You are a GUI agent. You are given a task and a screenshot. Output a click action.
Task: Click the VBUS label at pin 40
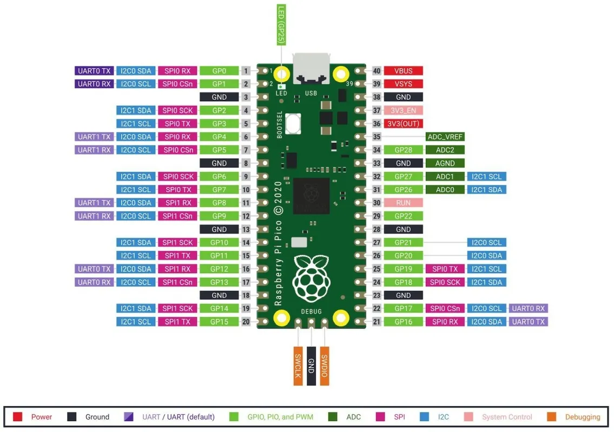tap(403, 71)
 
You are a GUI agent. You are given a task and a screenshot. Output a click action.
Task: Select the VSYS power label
tap(403, 84)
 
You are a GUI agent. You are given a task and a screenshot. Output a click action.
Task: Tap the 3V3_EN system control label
tap(403, 110)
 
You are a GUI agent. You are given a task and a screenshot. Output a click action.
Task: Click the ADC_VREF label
tap(445, 137)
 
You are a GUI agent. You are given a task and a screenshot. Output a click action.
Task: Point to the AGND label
tap(445, 163)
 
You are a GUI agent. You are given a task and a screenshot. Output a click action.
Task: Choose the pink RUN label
tap(403, 203)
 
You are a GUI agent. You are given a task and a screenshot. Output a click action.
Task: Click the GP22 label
tap(403, 216)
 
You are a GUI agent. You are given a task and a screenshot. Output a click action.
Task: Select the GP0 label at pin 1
tap(219, 71)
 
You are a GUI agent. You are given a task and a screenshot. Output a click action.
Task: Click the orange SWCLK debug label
tap(298, 366)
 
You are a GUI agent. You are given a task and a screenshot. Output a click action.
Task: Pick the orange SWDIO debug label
tap(325, 366)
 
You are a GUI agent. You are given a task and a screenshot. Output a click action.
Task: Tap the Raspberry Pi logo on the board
tap(311, 279)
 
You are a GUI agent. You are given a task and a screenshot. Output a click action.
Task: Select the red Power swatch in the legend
tap(18, 417)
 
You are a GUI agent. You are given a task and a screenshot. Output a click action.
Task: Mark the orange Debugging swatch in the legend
tap(552, 417)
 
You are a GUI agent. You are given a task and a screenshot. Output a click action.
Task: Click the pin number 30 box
tap(376, 203)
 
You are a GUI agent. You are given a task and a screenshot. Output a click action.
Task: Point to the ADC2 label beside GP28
tap(445, 150)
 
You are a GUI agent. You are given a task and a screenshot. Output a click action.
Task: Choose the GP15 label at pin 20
tap(219, 322)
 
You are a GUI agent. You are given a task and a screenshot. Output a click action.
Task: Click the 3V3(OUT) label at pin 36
tap(403, 124)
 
